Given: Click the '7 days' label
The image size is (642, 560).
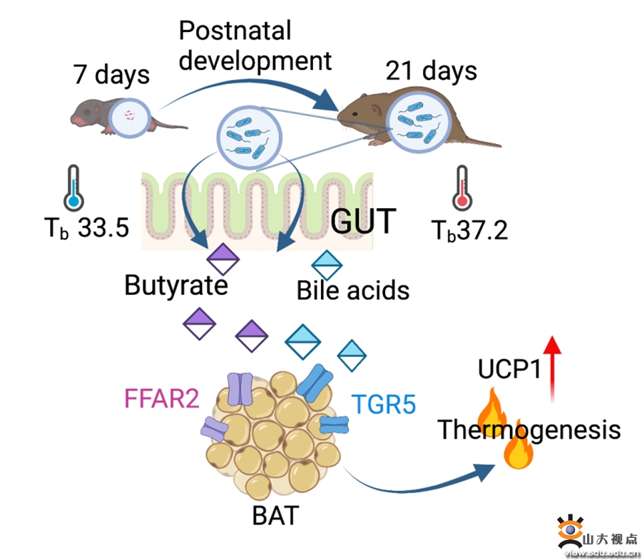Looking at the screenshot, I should click(111, 74).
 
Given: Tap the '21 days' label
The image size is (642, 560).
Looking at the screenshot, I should click(431, 71).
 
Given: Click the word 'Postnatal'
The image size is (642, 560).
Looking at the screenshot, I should click(235, 31).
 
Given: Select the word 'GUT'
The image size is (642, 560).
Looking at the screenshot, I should click(362, 222).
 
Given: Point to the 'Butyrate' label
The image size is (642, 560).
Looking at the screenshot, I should click(176, 285).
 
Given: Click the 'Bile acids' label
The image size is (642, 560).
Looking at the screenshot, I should click(353, 290).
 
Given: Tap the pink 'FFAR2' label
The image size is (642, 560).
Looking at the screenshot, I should click(162, 398).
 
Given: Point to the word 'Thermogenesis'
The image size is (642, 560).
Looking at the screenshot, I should click(529, 430).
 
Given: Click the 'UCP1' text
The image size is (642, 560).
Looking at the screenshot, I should click(508, 370).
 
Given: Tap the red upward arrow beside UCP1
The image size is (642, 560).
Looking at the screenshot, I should click(552, 367).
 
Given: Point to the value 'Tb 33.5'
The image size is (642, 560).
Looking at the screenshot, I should click(86, 228).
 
